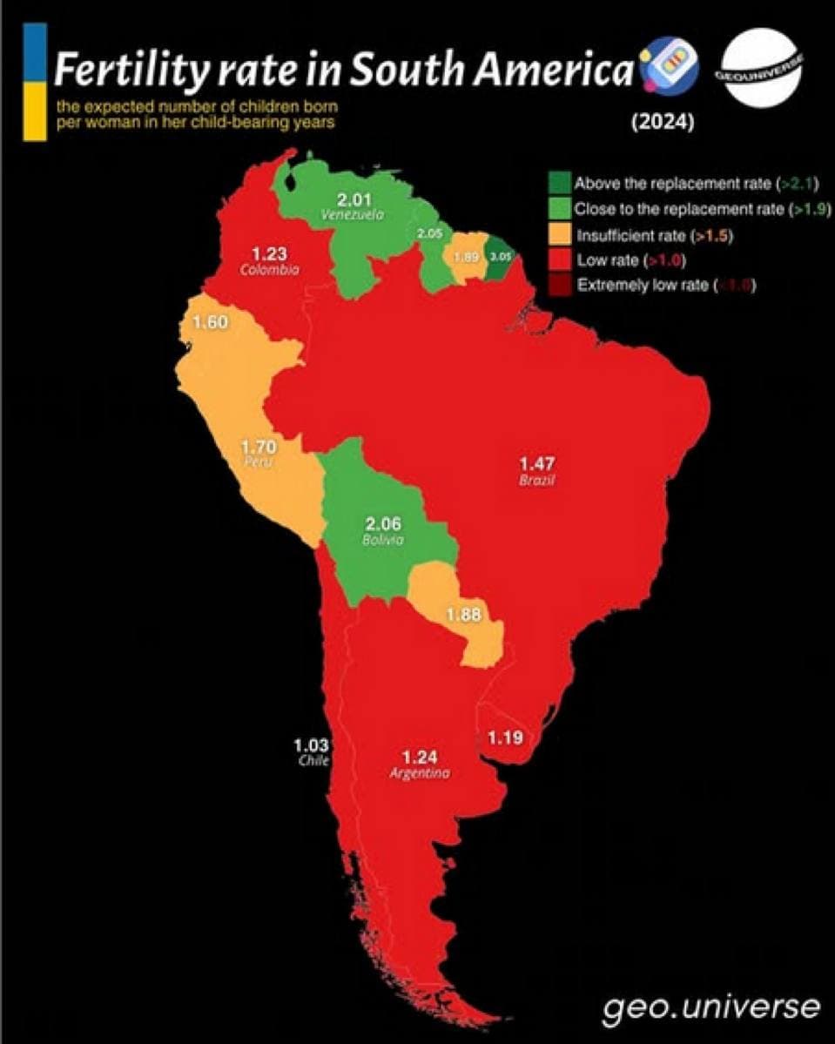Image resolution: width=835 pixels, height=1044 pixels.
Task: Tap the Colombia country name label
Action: [269, 270]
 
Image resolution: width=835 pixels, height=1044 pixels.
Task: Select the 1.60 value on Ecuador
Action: [210, 323]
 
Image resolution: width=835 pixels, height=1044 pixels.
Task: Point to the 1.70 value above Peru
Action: [259, 448]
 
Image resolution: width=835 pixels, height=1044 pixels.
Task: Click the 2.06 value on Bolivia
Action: [383, 524]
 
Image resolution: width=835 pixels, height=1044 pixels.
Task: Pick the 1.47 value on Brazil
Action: [537, 462]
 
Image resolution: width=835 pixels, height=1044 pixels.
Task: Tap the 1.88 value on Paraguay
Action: [463, 615]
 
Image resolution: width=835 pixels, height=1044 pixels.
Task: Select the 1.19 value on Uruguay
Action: [505, 738]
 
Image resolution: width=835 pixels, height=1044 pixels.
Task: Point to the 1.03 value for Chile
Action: [311, 744]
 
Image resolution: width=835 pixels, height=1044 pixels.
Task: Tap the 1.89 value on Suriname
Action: [465, 257]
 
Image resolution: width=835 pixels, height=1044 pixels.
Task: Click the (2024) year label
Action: [662, 124]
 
